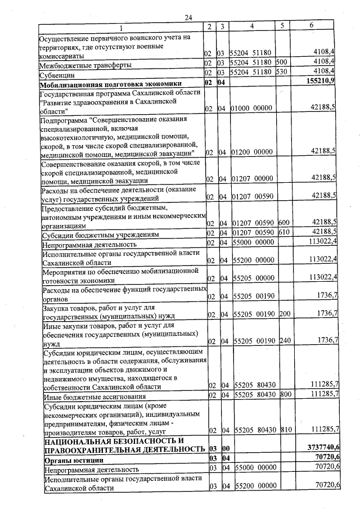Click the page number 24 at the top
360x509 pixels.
[x=188, y=17]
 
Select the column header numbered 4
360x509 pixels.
[x=252, y=26]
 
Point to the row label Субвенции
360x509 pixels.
[x=55, y=74]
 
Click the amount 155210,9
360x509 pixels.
[x=322, y=83]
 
